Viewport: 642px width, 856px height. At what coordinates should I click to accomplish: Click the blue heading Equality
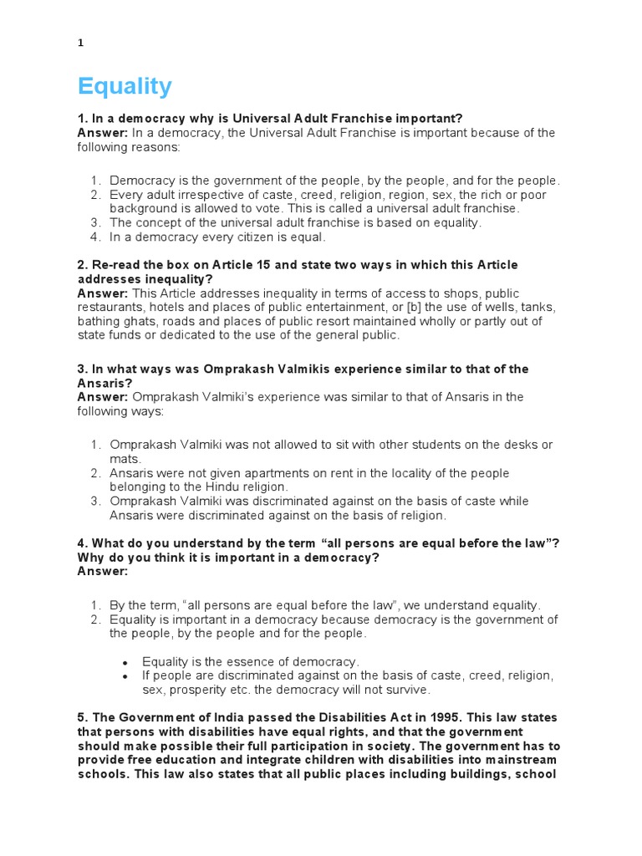click(x=125, y=86)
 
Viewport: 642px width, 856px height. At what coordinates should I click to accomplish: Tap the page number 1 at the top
click(x=81, y=43)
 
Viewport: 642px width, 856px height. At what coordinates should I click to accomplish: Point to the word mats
click(x=125, y=459)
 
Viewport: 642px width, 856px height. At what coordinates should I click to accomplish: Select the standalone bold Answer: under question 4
click(x=103, y=572)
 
